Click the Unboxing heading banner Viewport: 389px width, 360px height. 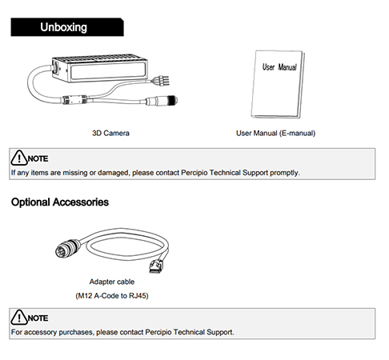[67, 27]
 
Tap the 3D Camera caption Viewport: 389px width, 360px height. [110, 133]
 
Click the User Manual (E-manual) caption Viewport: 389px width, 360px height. [275, 133]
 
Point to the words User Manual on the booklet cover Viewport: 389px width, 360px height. [279, 67]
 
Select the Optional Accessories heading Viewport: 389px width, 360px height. [60, 202]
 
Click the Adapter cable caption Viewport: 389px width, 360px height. [112, 282]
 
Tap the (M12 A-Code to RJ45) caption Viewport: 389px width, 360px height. [112, 296]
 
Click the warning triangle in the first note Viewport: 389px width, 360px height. [19, 158]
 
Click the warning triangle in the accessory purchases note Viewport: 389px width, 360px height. [19, 318]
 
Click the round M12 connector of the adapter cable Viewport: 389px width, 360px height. [67, 248]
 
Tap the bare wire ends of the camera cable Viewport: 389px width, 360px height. [161, 80]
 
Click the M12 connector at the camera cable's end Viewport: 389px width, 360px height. [162, 101]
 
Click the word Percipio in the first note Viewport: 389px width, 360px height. [194, 173]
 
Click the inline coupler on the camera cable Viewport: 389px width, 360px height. [74, 99]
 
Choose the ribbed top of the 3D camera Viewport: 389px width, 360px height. [100, 58]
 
